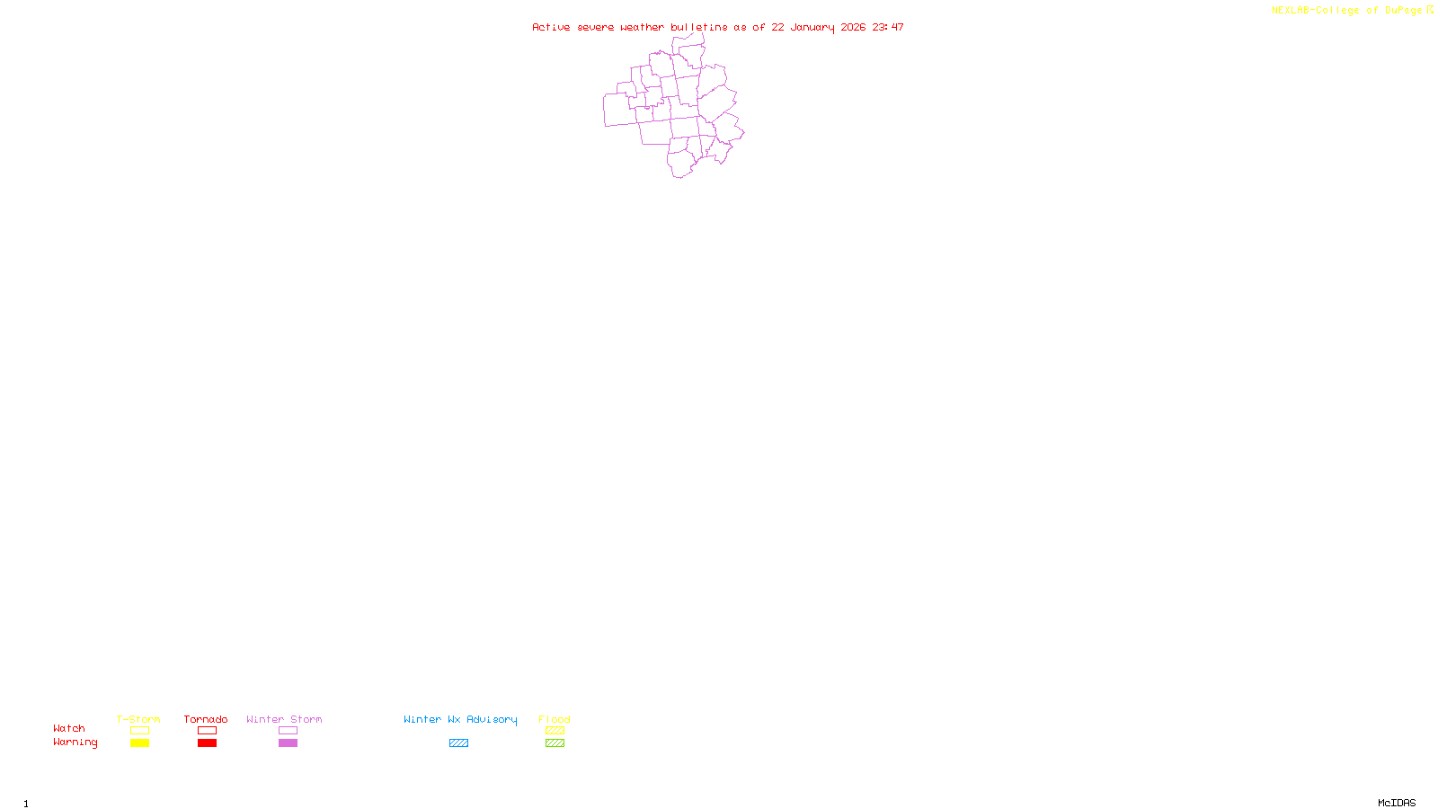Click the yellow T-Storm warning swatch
click(x=139, y=743)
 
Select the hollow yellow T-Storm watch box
click(x=139, y=731)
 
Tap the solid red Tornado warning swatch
click(x=207, y=743)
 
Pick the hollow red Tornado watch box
click(x=207, y=731)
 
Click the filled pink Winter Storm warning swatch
click(x=288, y=743)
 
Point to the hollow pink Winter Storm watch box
click(x=288, y=731)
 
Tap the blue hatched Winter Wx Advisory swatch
click(x=458, y=743)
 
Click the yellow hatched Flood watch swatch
click(x=555, y=731)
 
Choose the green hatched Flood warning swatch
click(x=555, y=743)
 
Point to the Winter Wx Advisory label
click(x=460, y=719)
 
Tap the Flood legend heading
click(x=555, y=719)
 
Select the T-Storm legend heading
click(x=138, y=719)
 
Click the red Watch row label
click(x=69, y=729)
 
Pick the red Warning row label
click(x=75, y=742)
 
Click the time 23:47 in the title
click(x=888, y=27)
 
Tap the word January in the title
click(x=813, y=27)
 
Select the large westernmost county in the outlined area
click(x=618, y=110)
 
